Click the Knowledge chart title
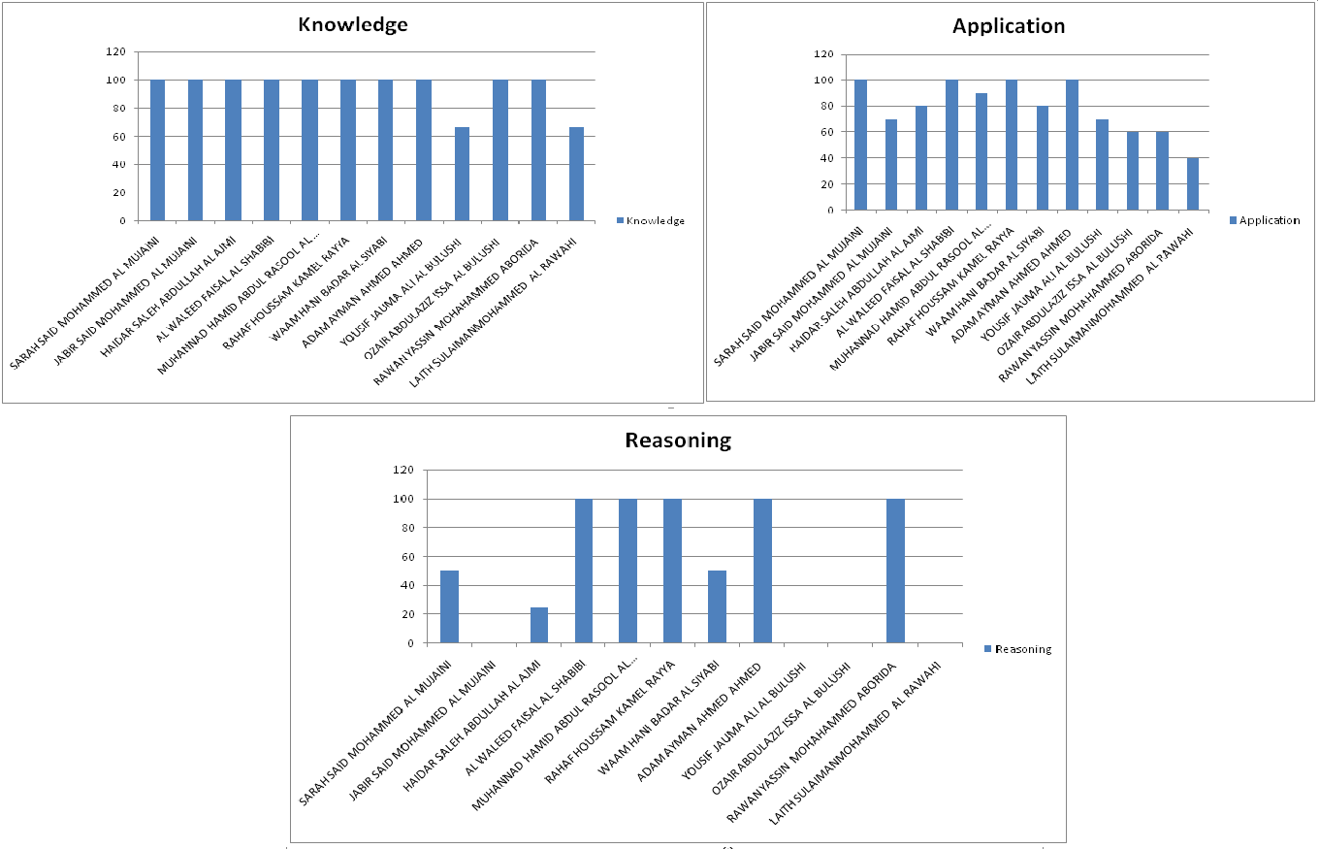pyautogui.click(x=352, y=25)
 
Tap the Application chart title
pyautogui.click(x=1009, y=26)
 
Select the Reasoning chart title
pyautogui.click(x=678, y=440)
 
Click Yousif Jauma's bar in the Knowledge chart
pyautogui.click(x=463, y=174)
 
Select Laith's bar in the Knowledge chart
pyautogui.click(x=576, y=174)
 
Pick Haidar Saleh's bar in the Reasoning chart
pyautogui.click(x=539, y=625)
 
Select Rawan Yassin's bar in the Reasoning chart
pyautogui.click(x=895, y=571)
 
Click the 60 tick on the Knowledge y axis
pyautogui.click(x=119, y=137)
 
